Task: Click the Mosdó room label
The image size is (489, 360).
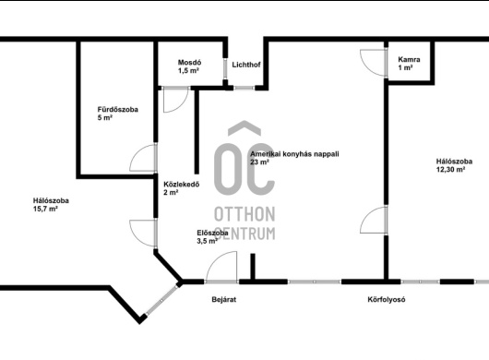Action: click(189, 63)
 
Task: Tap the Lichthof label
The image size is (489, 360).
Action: click(246, 65)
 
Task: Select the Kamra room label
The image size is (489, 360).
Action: click(409, 59)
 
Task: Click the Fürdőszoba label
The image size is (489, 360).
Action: click(117, 110)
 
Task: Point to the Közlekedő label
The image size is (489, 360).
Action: click(181, 185)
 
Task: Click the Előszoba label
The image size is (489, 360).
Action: click(212, 233)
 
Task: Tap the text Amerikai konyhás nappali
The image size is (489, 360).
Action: click(294, 154)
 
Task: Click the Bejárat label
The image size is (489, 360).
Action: click(223, 299)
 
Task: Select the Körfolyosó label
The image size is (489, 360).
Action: click(387, 299)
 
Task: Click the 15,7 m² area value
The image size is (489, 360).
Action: click(45, 209)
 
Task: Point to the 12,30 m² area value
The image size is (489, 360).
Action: click(450, 170)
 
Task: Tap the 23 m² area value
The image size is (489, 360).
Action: click(259, 162)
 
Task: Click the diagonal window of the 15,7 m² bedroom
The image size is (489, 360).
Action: click(161, 300)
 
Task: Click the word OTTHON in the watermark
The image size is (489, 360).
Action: click(244, 214)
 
